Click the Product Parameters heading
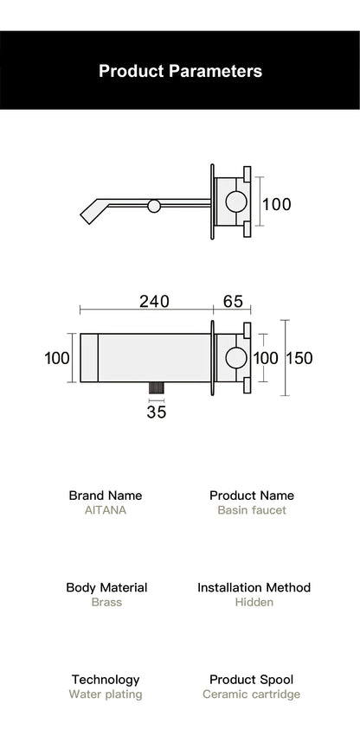180,71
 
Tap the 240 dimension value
154,302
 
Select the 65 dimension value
233,302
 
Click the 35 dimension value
156,413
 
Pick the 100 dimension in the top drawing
276,205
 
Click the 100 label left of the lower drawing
57,358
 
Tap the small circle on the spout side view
154,206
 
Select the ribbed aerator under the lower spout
157,388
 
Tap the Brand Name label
106,496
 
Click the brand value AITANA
106,510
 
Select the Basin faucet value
252,510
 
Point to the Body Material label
106,587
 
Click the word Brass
106,602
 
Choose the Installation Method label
254,587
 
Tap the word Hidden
254,602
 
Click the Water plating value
106,694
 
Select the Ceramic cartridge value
252,694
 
